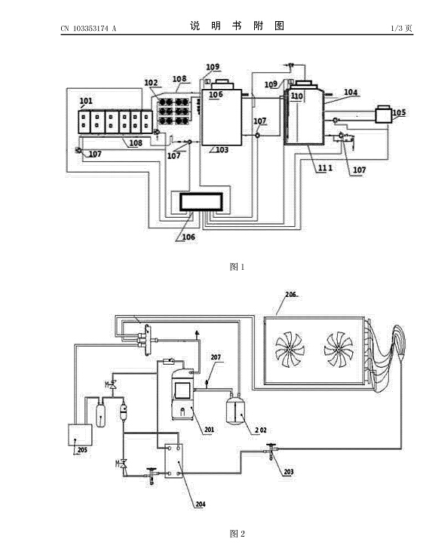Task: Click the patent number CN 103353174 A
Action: click(x=88, y=29)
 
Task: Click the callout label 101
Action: click(x=86, y=101)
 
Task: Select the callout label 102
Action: click(x=151, y=83)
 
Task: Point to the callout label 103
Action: click(x=222, y=150)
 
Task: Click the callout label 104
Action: click(x=351, y=92)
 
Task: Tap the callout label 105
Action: click(x=399, y=113)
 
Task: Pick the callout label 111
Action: click(x=325, y=168)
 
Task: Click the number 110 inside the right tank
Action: click(x=297, y=96)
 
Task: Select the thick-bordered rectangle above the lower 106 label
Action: click(x=201, y=202)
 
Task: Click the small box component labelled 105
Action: click(x=384, y=115)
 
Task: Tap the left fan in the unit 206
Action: click(x=290, y=349)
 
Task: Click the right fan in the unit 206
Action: click(x=339, y=349)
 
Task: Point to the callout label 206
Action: click(x=291, y=294)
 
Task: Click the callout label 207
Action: click(x=216, y=357)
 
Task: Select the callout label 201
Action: click(x=209, y=430)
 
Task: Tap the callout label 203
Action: click(x=288, y=472)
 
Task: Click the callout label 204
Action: click(x=201, y=504)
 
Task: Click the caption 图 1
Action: click(x=237, y=267)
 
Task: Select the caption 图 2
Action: click(x=237, y=534)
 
